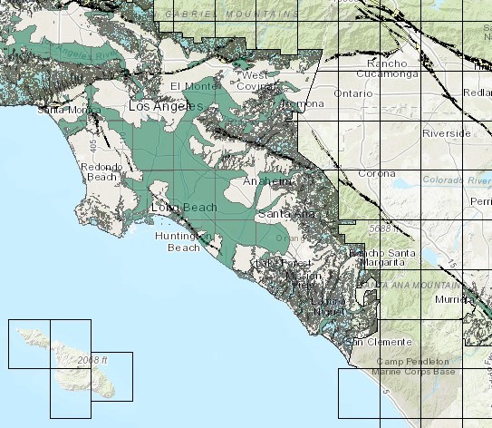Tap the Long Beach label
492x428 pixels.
click(x=184, y=208)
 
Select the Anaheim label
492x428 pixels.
click(x=267, y=182)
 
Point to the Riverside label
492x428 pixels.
click(x=447, y=133)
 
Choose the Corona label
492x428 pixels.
click(x=376, y=173)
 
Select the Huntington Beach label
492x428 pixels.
click(x=182, y=241)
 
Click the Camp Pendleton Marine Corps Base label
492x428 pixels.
click(x=419, y=365)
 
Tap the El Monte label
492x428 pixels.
click(x=190, y=86)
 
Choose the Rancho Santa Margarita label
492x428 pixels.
click(x=381, y=257)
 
